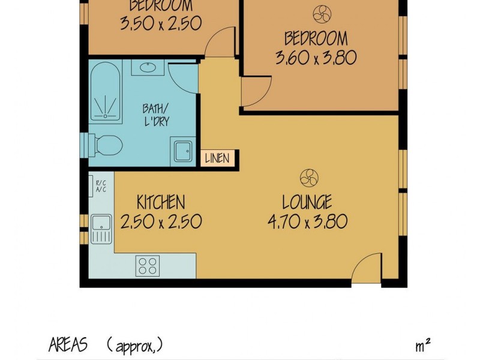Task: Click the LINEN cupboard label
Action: click(x=217, y=158)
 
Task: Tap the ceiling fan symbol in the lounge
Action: click(x=309, y=178)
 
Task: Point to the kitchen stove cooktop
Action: click(x=147, y=264)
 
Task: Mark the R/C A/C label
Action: click(x=100, y=186)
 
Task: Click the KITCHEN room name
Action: click(x=160, y=202)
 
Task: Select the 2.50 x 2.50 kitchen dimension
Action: click(x=160, y=222)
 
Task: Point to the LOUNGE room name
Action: click(x=308, y=202)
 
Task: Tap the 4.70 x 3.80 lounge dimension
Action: click(x=308, y=222)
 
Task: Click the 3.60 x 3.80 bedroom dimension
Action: click(x=316, y=58)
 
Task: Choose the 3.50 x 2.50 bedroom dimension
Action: click(x=160, y=23)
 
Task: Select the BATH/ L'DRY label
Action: click(x=155, y=115)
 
